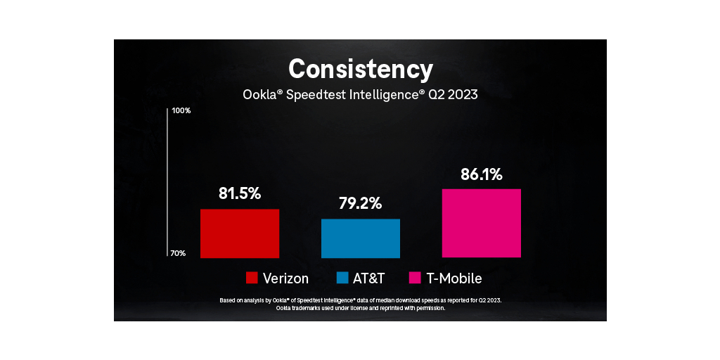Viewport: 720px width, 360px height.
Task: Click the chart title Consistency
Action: point(360,69)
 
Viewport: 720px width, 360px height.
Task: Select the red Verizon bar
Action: point(240,233)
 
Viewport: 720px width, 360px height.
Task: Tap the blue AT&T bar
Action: point(361,238)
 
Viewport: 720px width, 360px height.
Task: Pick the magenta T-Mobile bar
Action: point(482,224)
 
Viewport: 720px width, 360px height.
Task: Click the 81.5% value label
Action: point(240,194)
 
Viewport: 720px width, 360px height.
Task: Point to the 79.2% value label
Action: point(361,204)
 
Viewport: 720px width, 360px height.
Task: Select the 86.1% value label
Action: point(482,174)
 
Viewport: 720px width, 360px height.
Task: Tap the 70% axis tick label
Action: point(178,253)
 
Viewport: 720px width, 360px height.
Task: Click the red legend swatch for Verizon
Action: point(252,278)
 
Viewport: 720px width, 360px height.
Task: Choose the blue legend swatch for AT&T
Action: point(343,278)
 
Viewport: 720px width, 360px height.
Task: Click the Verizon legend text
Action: point(285,278)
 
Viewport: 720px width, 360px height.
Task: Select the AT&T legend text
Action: point(370,278)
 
